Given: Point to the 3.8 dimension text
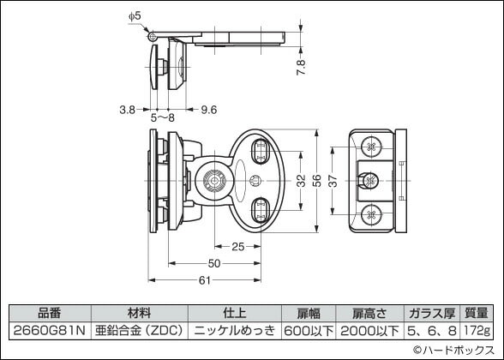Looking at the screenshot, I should tap(127, 109).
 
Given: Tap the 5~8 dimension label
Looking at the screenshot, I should tap(162, 117).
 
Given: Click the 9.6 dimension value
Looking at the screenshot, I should tap(208, 109).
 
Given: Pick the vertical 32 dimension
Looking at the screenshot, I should tap(300, 181).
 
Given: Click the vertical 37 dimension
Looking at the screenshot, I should tap(333, 181).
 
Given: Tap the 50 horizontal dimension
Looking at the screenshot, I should tap(213, 263).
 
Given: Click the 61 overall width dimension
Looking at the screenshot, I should tap(206, 280).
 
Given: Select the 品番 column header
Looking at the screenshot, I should tap(51, 313).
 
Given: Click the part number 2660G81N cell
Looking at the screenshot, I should tap(51, 329).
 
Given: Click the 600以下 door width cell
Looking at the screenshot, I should tap(308, 329).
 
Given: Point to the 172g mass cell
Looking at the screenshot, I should tap(477, 329).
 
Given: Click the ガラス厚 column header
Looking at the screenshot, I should tap(431, 313).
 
